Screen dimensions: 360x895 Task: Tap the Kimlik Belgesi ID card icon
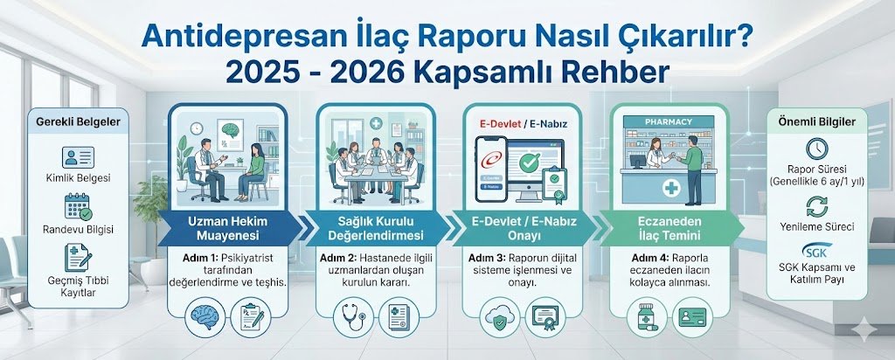pyautogui.click(x=77, y=158)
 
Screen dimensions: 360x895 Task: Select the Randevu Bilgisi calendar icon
pyautogui.click(x=77, y=207)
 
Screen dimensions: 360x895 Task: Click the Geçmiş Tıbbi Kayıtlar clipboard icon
pyautogui.click(x=76, y=257)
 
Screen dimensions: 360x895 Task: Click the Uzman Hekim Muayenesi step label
pyautogui.click(x=227, y=229)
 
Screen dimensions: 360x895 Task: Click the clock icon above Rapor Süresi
pyautogui.click(x=816, y=147)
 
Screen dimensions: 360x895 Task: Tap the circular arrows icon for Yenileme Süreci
pyautogui.click(x=816, y=206)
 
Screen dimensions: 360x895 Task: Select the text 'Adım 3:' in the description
pyautogui.click(x=486, y=259)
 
